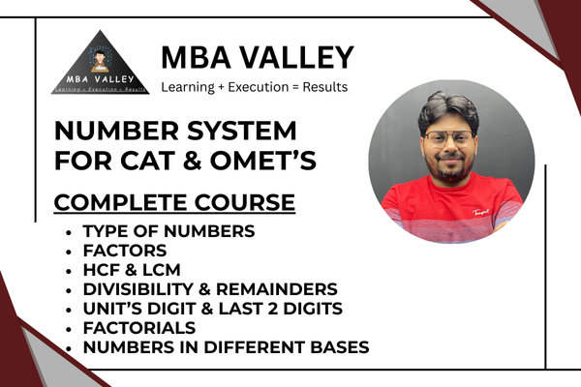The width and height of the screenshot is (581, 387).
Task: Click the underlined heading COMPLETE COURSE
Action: [x=174, y=204]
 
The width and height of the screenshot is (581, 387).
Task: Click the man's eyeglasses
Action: [x=447, y=138]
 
